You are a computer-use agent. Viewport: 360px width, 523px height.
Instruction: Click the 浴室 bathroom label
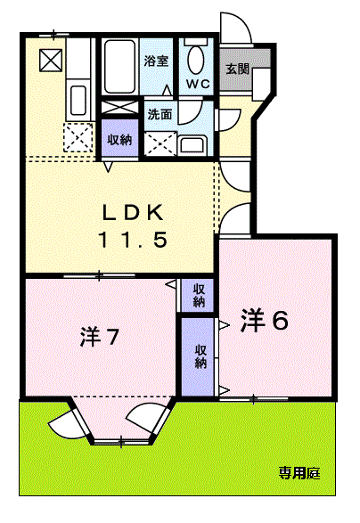coord(156,61)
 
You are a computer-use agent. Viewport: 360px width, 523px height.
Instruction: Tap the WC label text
coord(197,84)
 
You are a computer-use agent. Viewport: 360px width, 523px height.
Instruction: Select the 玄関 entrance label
coord(237,69)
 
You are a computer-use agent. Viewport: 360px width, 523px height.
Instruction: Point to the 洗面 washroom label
coord(160,114)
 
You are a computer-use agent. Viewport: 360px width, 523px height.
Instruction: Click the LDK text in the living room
coord(133,212)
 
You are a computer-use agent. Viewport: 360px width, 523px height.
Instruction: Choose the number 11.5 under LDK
coord(133,240)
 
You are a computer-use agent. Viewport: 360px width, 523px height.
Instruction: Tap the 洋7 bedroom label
coord(99,337)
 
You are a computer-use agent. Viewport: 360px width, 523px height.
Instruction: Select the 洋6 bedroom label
coord(265,320)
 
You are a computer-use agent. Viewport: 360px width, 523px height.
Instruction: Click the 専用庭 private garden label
coord(299,472)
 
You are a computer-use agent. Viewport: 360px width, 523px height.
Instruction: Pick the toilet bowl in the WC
coord(195,60)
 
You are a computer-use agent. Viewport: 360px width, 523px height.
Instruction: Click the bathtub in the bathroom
coord(120,67)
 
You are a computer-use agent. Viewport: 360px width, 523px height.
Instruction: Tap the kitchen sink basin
coord(78,101)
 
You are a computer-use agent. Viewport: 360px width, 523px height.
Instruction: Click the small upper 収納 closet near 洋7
coord(198,295)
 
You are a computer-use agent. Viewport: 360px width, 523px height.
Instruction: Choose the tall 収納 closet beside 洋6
coord(199,356)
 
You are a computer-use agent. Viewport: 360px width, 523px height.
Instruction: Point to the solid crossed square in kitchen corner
coord(51,60)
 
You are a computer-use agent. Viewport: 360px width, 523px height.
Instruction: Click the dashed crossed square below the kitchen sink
coord(78,137)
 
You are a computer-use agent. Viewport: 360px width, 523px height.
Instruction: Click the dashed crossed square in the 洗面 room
coord(160,143)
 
